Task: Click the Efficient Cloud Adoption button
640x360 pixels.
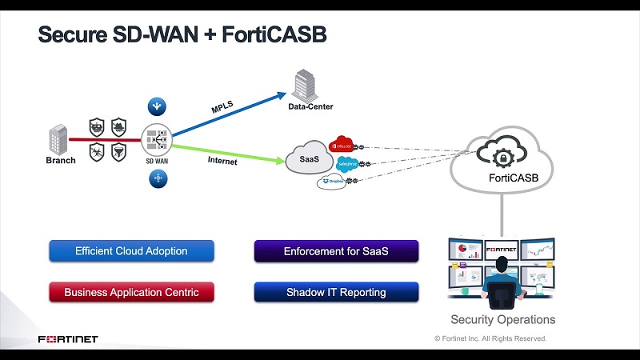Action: click(131, 251)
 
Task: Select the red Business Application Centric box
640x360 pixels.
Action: click(131, 292)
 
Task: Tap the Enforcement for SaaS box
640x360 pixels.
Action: click(336, 251)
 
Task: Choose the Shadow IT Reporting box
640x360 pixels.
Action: click(336, 292)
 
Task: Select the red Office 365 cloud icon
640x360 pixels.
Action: click(342, 146)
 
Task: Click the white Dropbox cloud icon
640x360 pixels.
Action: click(332, 182)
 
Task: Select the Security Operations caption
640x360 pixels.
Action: click(502, 319)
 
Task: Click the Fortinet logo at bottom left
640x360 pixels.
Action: click(68, 339)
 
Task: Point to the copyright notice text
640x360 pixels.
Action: click(490, 338)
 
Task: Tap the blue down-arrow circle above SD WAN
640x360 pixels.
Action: click(157, 106)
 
